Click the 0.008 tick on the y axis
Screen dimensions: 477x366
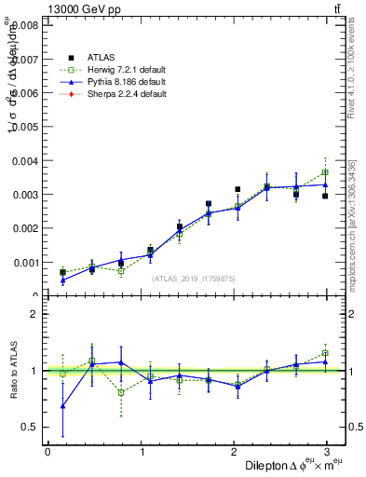(x=25, y=26)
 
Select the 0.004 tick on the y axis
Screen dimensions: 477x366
(x=25, y=161)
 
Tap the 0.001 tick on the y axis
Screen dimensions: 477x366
(x=25, y=263)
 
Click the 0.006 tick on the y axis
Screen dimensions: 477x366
(x=25, y=93)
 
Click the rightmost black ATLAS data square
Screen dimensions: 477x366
(x=325, y=196)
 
